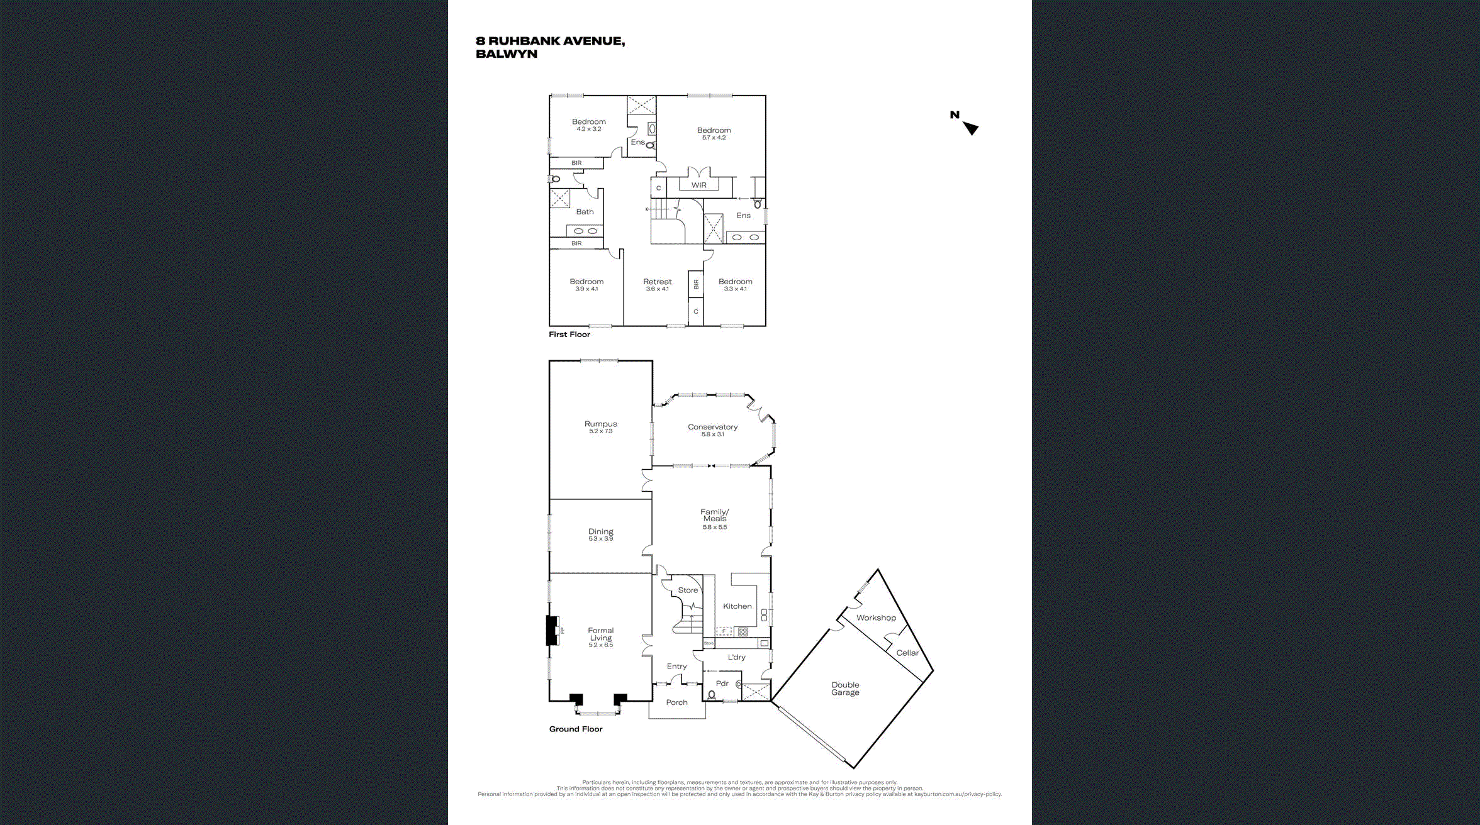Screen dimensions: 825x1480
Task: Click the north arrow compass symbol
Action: coord(970,128)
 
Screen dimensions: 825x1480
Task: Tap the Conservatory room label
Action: coord(712,427)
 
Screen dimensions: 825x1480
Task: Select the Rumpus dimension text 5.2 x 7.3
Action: coord(600,431)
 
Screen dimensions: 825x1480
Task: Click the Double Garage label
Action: coord(845,689)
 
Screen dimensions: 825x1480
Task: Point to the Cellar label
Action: coord(907,653)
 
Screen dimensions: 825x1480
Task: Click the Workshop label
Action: coord(876,617)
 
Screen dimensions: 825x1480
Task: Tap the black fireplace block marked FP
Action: coord(552,630)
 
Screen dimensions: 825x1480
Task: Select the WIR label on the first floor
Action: coord(698,185)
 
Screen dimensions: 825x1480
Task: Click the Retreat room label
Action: coord(657,282)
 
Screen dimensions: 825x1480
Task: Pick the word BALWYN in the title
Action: coord(507,54)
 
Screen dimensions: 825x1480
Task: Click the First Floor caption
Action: coord(569,335)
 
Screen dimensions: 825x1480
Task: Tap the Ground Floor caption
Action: coord(575,729)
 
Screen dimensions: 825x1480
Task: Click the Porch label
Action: coord(676,702)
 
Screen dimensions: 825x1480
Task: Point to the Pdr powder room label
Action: coord(722,684)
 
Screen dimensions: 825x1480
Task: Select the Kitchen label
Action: coord(737,606)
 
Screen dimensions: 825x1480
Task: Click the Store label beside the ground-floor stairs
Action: coord(688,590)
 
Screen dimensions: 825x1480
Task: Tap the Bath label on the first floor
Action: coord(585,212)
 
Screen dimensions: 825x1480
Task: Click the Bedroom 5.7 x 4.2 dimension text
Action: coord(714,138)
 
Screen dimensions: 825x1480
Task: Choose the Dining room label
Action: coord(600,531)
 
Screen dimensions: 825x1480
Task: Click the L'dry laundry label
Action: coord(736,657)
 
